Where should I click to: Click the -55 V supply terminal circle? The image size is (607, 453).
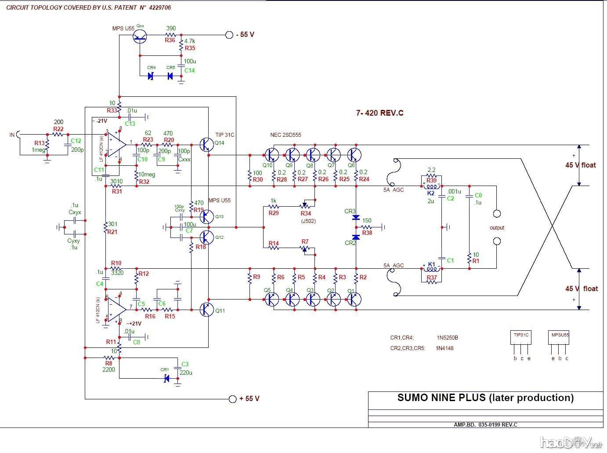pos(229,35)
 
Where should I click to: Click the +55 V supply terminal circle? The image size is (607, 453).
pos(233,398)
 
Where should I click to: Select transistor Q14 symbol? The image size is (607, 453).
pos(206,144)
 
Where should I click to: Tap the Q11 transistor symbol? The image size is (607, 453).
pos(206,310)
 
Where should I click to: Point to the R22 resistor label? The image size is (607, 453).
pos(58,129)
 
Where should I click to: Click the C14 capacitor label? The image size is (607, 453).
pos(189,70)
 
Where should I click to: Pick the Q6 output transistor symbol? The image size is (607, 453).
pos(354,155)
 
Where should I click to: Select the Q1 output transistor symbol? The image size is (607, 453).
pos(354,300)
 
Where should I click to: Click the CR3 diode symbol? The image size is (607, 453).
pos(356,218)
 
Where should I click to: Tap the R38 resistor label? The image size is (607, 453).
pos(367,233)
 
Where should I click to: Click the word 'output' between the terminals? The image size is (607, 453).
pos(497,228)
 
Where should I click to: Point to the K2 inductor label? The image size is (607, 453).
pos(431,193)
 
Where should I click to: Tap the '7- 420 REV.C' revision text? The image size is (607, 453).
pos(379,113)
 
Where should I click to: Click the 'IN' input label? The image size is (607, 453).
pos(12,135)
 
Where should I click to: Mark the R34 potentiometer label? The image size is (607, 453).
pos(306,213)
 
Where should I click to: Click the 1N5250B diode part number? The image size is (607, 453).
pos(447,338)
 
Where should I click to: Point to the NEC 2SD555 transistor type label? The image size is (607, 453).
pos(285,135)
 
